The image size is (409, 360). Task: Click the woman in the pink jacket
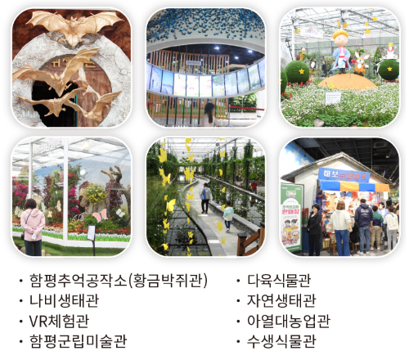(x=33, y=224)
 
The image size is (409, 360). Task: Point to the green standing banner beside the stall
(x=291, y=214)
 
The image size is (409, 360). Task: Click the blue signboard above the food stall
(x=344, y=174)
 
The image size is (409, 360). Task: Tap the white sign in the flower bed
(x=333, y=97)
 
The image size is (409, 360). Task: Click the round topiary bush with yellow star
(x=298, y=72)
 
